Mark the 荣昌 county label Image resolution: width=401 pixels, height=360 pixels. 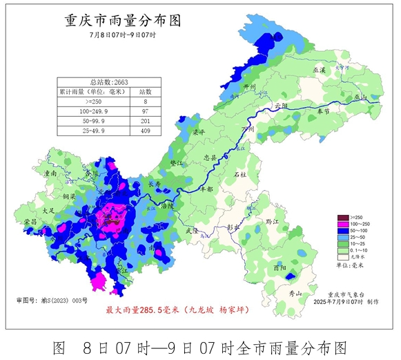(x=31, y=221)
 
